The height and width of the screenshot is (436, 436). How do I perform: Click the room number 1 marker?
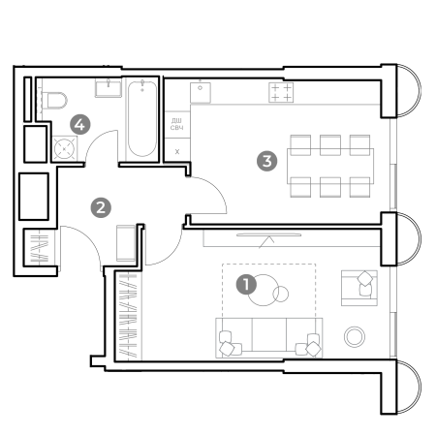246,285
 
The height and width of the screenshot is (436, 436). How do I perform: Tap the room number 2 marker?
101,207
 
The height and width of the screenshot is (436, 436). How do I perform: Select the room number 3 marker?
266,161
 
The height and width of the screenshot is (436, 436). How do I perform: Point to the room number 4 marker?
80,124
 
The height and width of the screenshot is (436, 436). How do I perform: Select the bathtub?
142,119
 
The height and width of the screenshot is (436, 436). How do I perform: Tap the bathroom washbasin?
109,88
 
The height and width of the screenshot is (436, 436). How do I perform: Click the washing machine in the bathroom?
65,148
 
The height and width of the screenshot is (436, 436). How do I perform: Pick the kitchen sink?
201,92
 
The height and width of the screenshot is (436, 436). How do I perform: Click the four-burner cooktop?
281,92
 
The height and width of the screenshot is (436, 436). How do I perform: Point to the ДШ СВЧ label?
176,124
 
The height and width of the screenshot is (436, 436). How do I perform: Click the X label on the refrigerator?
177,151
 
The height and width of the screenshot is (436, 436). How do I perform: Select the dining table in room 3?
330,166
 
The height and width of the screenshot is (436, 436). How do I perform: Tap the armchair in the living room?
359,288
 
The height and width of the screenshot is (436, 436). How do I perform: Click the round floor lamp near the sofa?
355,336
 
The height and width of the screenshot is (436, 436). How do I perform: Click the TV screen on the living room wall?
268,234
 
